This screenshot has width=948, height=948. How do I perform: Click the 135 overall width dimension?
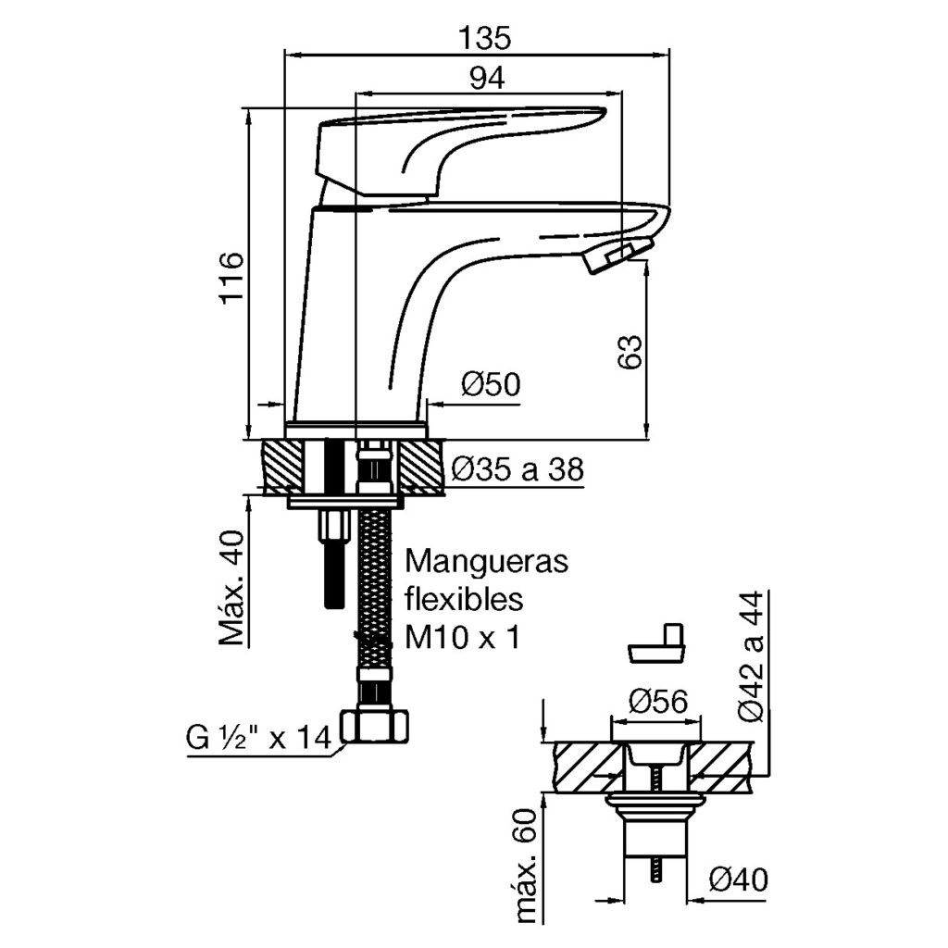coord(484,38)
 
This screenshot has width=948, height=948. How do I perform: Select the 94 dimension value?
coord(486,80)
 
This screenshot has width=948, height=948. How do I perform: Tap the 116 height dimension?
coord(231,277)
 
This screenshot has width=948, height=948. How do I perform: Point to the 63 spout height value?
coord(630,352)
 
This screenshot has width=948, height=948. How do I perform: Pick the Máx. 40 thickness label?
coord(231,587)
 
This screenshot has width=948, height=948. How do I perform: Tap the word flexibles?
coord(465,599)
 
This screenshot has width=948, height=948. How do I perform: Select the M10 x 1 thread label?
coord(461,637)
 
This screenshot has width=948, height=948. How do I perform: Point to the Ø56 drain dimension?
coord(658,703)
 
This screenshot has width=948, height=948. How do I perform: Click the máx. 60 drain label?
coord(528,865)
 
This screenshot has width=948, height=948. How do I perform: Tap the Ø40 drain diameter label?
coord(740,878)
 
